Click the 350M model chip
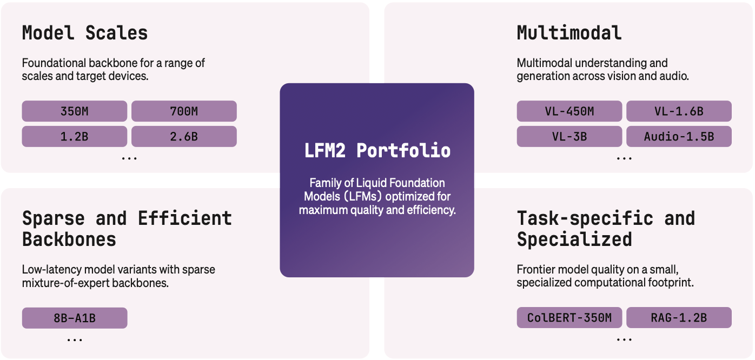(x=75, y=111)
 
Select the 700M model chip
(x=184, y=111)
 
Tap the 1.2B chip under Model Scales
(x=75, y=137)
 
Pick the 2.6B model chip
(x=184, y=137)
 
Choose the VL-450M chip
(x=569, y=111)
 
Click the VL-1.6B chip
(x=679, y=111)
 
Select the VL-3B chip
(x=569, y=137)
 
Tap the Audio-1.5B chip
(x=679, y=137)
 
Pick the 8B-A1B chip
(x=75, y=318)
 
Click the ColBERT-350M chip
(x=569, y=318)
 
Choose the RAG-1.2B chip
(x=679, y=318)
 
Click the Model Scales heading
(x=85, y=33)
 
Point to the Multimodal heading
(x=569, y=33)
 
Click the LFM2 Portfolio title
(x=377, y=150)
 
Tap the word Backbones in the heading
(x=69, y=239)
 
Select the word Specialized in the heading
(x=574, y=239)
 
